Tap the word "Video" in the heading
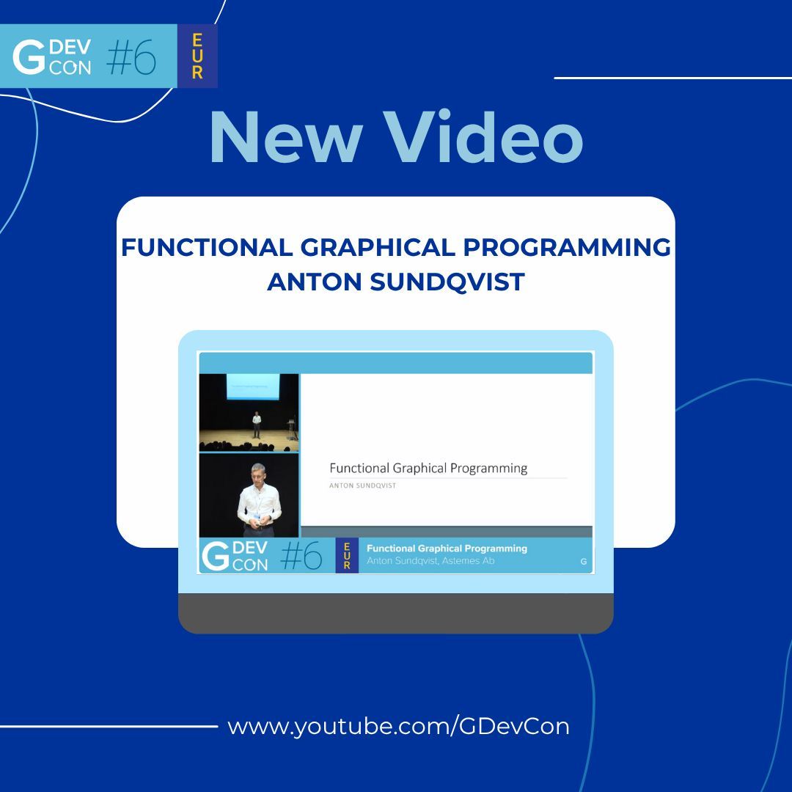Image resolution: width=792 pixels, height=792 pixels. (486, 138)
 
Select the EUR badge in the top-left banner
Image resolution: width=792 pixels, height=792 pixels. (197, 56)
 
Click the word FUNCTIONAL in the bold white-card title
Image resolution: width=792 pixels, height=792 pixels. (206, 248)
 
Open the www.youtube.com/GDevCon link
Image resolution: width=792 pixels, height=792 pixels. (398, 726)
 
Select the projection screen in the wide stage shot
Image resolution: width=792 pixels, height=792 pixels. (252, 386)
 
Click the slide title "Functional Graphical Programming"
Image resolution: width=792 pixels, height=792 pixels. (428, 468)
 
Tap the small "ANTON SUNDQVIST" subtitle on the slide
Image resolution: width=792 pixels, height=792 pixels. (363, 485)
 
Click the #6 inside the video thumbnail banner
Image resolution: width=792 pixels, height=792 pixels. (301, 557)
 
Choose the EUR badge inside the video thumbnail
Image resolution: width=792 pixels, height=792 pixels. (347, 555)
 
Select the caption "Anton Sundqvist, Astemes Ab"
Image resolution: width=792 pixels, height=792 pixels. (430, 561)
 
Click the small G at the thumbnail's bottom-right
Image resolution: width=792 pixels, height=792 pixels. (583, 562)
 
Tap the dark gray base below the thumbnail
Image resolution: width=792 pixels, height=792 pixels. (395, 613)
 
